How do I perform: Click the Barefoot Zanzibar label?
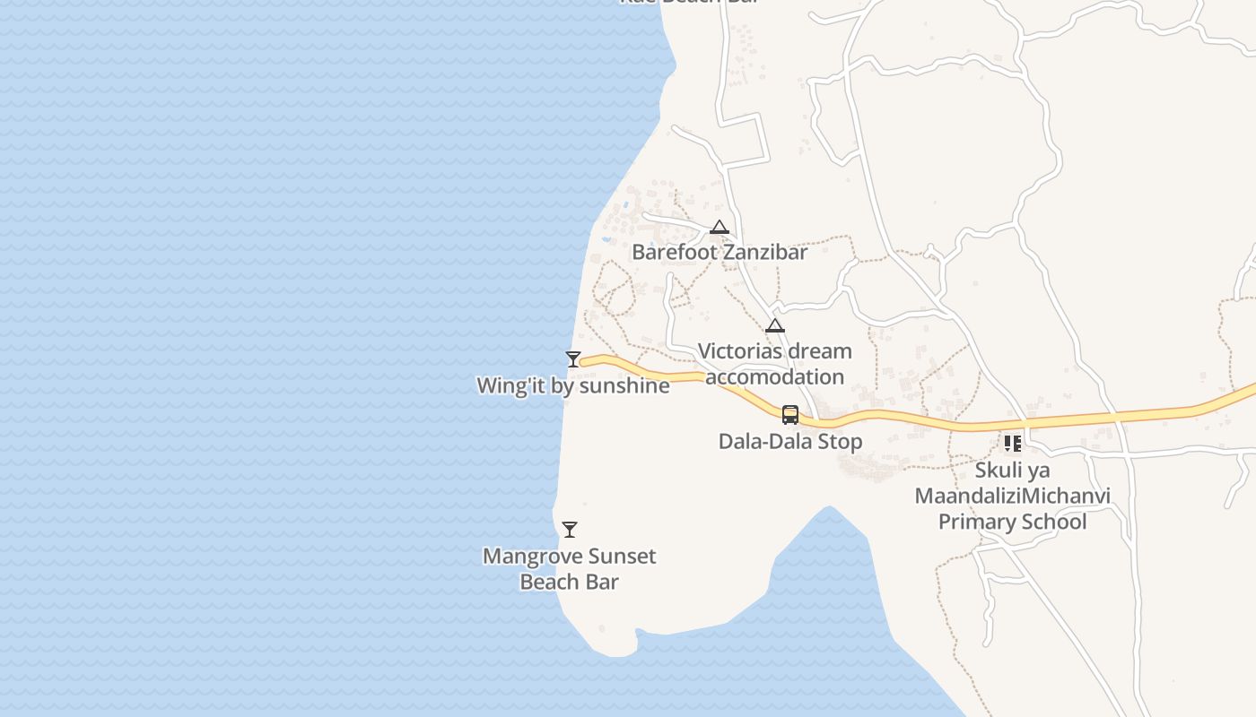tap(720, 252)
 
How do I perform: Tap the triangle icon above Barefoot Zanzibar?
tap(720, 228)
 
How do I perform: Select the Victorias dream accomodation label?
tap(775, 363)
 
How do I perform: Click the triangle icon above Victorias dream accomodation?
tap(775, 326)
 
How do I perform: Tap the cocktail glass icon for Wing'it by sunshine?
tap(573, 359)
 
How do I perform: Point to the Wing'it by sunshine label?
tap(573, 385)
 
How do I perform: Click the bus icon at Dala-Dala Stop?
tap(790, 415)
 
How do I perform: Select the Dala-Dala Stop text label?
tap(790, 441)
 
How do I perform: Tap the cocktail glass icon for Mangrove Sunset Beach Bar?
tap(570, 530)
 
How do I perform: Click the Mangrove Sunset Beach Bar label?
tap(570, 568)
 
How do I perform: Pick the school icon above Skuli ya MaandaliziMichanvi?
tap(1013, 444)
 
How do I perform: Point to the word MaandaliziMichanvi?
tap(1013, 496)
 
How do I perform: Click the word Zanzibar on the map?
tap(765, 252)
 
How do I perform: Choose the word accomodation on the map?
tap(775, 376)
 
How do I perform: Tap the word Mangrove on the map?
tap(526, 556)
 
